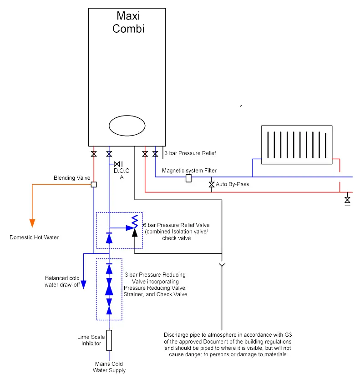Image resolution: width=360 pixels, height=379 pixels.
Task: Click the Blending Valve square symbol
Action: pos(94,184)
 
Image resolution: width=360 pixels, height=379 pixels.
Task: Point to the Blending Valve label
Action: pos(72,178)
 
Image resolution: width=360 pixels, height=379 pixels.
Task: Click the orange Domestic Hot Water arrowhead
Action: pos(32,222)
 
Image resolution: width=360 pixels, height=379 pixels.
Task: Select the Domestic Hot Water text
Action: pos(34,238)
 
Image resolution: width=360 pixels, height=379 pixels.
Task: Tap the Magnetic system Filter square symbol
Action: pos(188,177)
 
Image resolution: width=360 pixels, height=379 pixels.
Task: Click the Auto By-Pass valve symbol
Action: pos(212,185)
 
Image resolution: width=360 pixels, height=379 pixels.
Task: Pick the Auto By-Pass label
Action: pos(233,185)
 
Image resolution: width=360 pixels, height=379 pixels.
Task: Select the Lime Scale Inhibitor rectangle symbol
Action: pos(109,340)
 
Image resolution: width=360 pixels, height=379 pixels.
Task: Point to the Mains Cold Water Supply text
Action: pos(109,367)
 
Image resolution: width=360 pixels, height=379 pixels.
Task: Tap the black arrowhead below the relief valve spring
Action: pos(135,232)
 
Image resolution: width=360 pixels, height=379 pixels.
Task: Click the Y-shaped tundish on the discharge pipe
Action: pos(222,265)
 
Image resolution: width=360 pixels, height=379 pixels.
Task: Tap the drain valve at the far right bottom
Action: pos(348,200)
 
